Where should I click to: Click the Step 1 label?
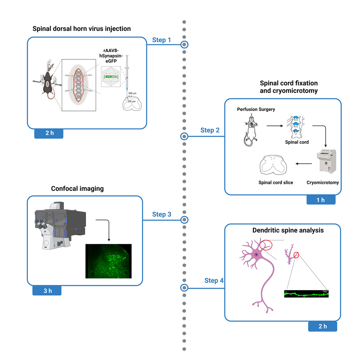tap(162, 40)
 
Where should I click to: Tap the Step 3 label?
tap(162, 214)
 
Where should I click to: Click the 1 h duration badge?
tap(321, 200)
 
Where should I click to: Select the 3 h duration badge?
tap(47, 290)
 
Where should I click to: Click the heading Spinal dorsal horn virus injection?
tap(82, 29)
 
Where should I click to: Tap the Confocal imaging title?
tap(77, 188)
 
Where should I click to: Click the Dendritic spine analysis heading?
tap(283, 230)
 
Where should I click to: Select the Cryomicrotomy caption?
tap(322, 183)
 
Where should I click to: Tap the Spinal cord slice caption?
tap(276, 183)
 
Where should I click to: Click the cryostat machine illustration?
tap(327, 162)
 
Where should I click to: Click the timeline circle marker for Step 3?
tap(184, 220)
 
